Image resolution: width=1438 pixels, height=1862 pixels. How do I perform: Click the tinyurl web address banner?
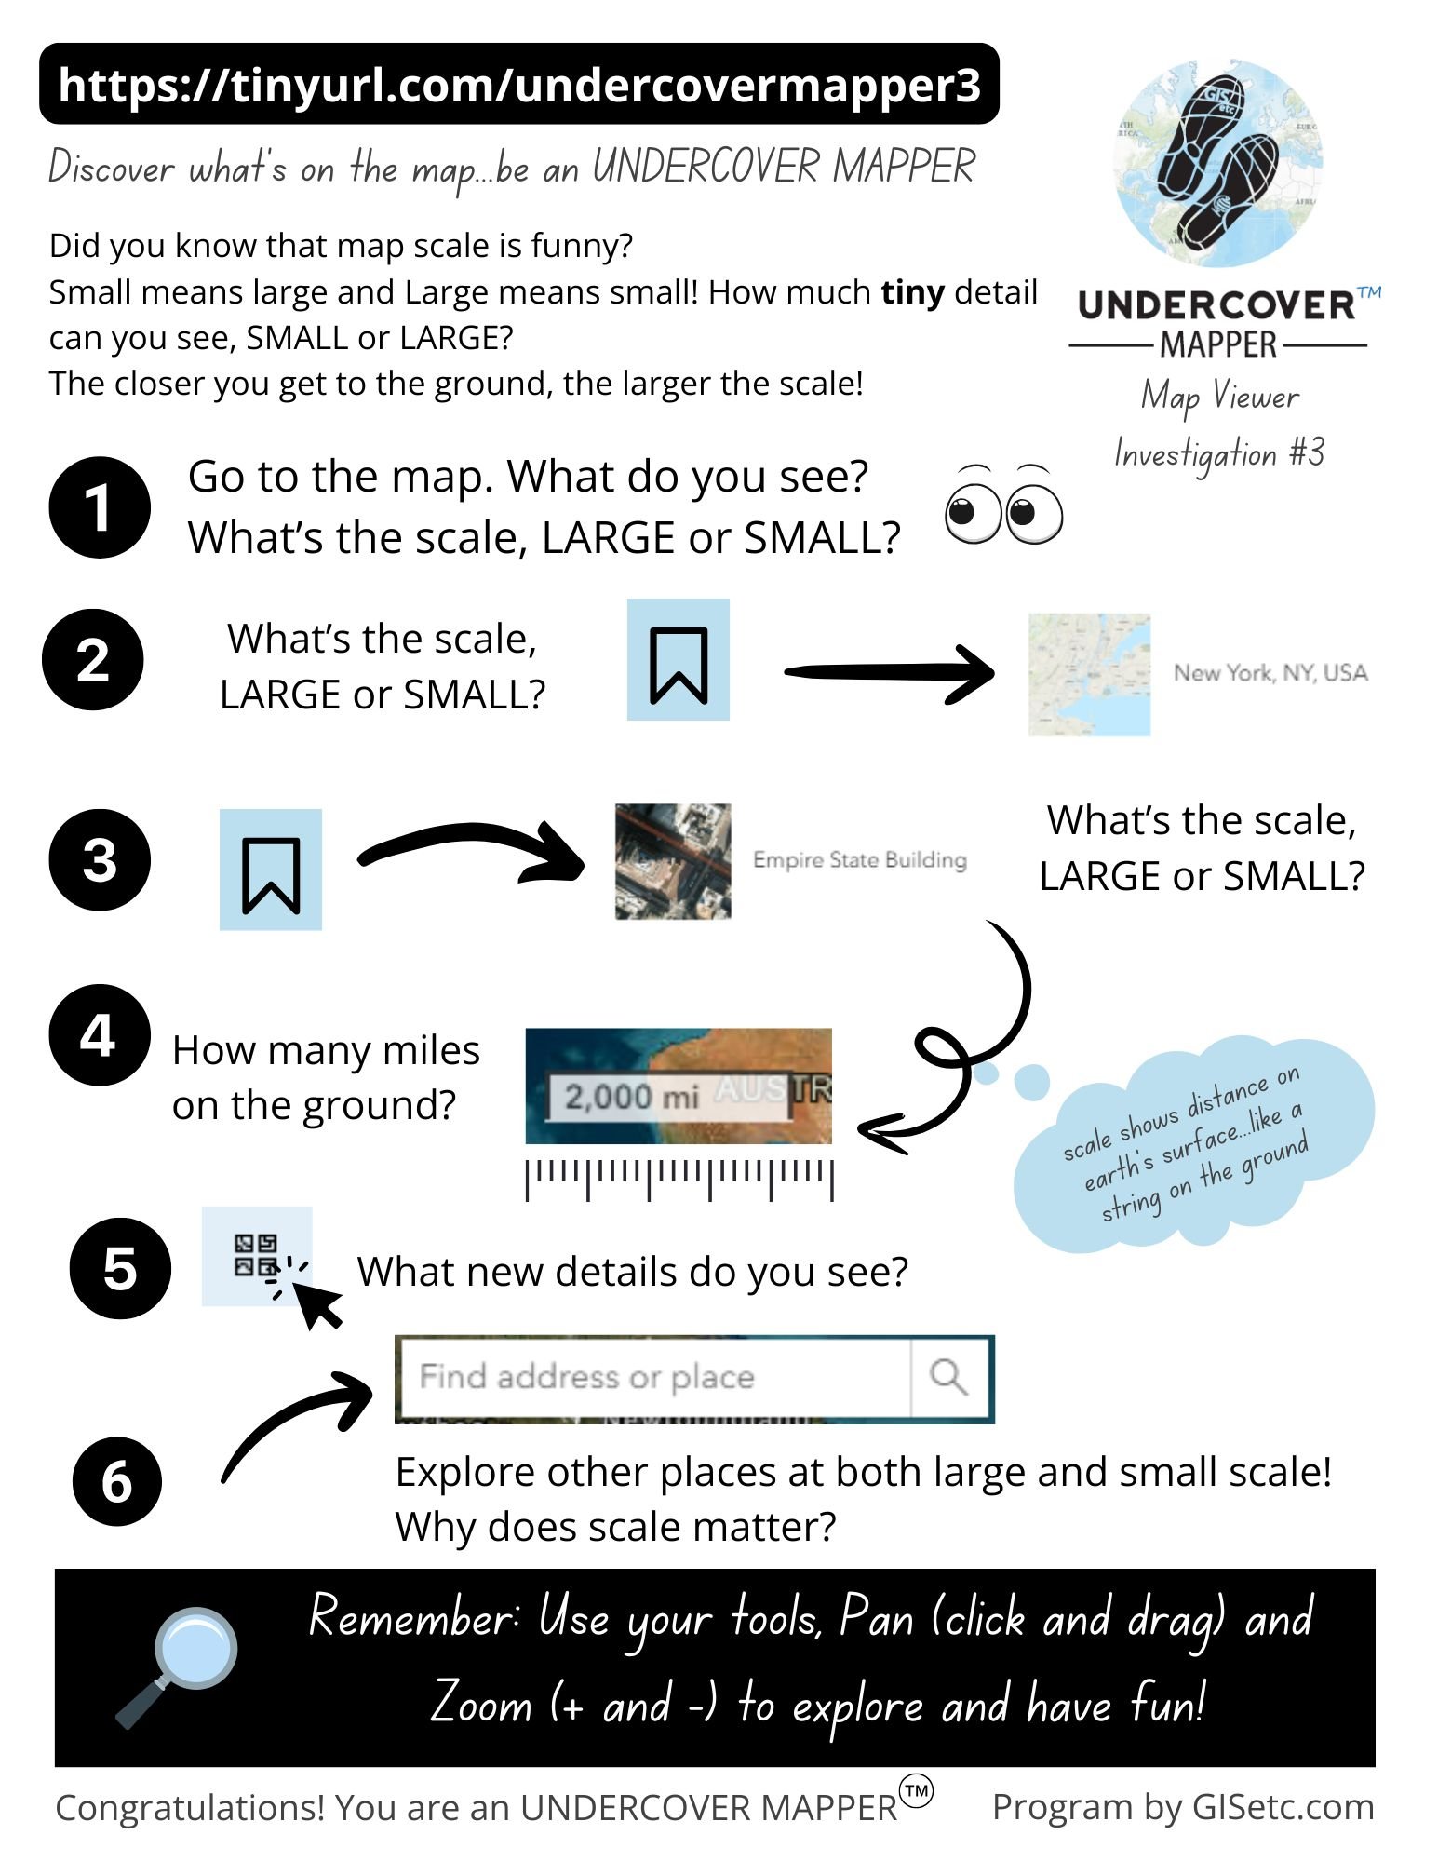518,84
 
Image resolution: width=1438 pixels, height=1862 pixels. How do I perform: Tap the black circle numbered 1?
100,507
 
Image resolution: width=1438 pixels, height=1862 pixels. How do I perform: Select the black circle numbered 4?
100,1034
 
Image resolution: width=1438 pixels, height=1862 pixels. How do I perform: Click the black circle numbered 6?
117,1481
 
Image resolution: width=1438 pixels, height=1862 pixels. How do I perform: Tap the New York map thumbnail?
1089,675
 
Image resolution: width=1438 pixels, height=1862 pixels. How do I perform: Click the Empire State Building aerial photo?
673,861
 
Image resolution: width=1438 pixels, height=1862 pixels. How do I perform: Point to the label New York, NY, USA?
1270,672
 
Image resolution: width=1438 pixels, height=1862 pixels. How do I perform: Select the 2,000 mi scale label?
631,1096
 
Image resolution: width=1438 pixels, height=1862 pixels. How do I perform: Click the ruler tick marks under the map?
679,1179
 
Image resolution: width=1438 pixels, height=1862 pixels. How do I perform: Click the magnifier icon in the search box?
948,1376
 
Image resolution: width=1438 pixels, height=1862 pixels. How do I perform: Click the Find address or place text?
586,1376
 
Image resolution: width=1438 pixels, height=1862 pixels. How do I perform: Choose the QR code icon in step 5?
256,1255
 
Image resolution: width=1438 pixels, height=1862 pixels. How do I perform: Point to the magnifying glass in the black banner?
177,1666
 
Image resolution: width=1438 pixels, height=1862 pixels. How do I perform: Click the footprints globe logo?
1218,163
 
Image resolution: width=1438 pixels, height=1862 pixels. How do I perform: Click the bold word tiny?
912,293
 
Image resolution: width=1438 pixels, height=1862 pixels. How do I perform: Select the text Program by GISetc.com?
1183,1807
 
